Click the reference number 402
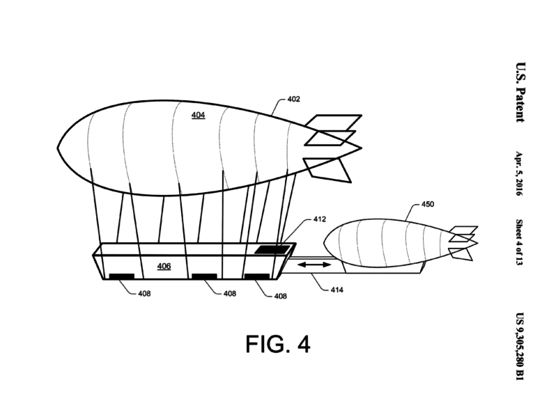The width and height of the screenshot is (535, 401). [x=293, y=100]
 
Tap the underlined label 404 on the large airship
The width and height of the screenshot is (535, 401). [x=199, y=116]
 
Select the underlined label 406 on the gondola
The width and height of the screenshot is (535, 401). [x=164, y=267]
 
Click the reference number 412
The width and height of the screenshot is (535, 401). [x=319, y=219]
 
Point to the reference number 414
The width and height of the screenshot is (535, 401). [x=336, y=290]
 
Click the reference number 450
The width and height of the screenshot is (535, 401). [x=428, y=204]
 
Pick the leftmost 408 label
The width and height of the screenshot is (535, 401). [x=144, y=294]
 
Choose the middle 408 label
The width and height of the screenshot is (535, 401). [x=230, y=294]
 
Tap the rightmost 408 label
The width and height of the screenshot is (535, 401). [x=281, y=297]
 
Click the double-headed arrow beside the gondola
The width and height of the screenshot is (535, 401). [x=314, y=265]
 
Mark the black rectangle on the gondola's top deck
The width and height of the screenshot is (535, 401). [x=272, y=250]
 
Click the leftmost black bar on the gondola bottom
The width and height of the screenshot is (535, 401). [x=121, y=276]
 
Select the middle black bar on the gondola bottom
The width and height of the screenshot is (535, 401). [x=204, y=276]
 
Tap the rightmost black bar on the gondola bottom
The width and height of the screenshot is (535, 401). [x=257, y=276]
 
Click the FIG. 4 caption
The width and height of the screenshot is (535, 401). [x=278, y=344]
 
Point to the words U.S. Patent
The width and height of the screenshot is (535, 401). [x=520, y=92]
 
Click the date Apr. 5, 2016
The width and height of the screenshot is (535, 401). [x=519, y=173]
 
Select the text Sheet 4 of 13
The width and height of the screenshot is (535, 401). [x=519, y=242]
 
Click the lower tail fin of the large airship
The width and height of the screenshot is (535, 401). [x=327, y=170]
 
